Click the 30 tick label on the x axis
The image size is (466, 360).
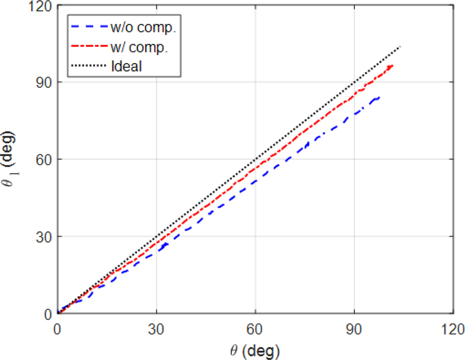pos(156,329)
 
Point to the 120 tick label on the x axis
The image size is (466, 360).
pos(453,329)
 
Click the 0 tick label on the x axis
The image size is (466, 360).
pos(57,329)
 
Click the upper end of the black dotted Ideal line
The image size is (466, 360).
pos(401,46)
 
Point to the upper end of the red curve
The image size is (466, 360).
pos(393,65)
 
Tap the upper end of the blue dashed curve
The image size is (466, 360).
pos(380,97)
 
